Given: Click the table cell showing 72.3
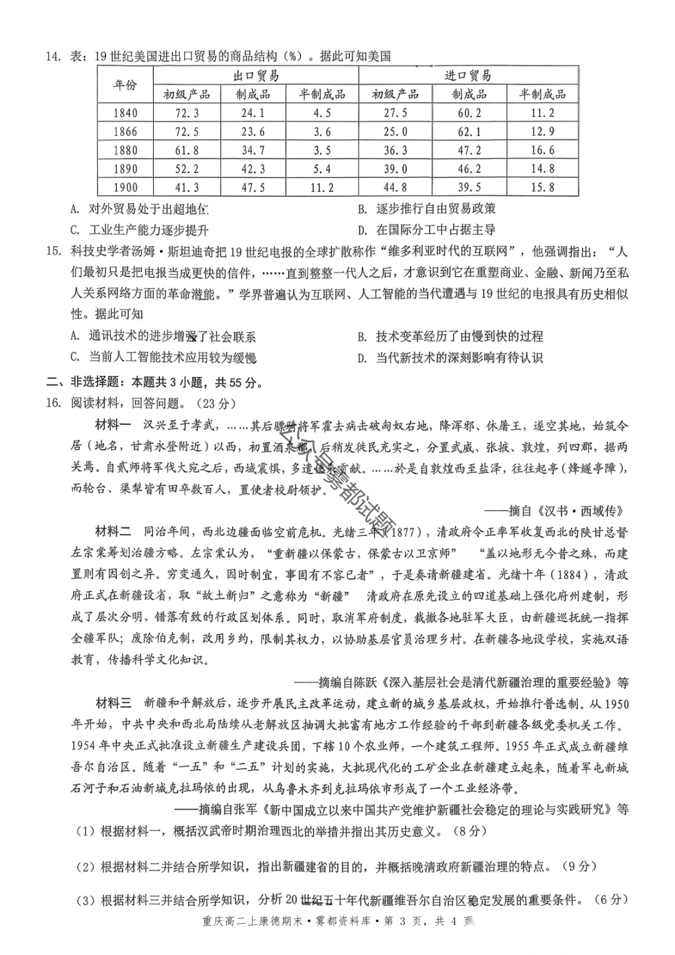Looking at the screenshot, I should click(x=187, y=113).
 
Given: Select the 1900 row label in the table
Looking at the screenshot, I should click(x=125, y=187).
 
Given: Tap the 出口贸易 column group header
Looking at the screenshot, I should click(x=256, y=76).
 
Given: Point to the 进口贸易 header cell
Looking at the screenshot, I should click(x=468, y=76).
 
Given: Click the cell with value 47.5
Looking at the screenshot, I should click(x=253, y=187).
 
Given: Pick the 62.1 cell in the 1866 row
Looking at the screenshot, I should click(x=469, y=132).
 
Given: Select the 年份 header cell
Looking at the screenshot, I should click(x=125, y=85).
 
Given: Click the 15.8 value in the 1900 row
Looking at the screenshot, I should click(x=542, y=187).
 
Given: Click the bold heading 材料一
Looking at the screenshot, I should click(x=112, y=425).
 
